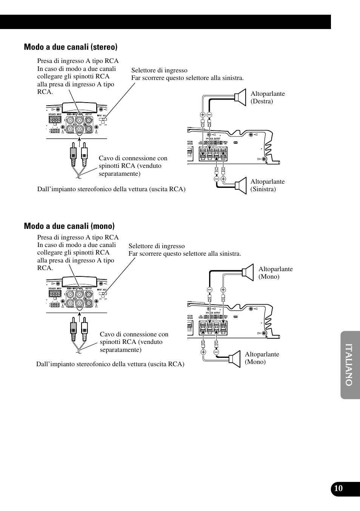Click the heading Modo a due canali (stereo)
pyautogui.click(x=71, y=47)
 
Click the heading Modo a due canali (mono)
pyautogui.click(x=69, y=226)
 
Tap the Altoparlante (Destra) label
pyautogui.click(x=268, y=97)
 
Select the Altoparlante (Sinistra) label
pyautogui.click(x=267, y=185)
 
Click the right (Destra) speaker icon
pyautogui.click(x=240, y=97)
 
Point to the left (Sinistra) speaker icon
pyautogui.click(x=241, y=186)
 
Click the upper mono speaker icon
pyautogui.click(x=248, y=272)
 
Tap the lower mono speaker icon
pyautogui.click(x=235, y=359)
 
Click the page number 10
pyautogui.click(x=338, y=488)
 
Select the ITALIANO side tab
pyautogui.click(x=349, y=365)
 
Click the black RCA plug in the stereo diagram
pyautogui.click(x=74, y=155)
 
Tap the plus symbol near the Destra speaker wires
pyautogui.click(x=203, y=115)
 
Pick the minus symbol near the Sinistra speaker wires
pyautogui.click(x=217, y=179)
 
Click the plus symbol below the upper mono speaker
pyautogui.click(x=223, y=290)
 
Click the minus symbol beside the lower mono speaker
pyautogui.click(x=216, y=352)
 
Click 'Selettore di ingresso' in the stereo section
pyautogui.click(x=159, y=70)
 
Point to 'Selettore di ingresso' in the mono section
pyautogui.click(x=157, y=246)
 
